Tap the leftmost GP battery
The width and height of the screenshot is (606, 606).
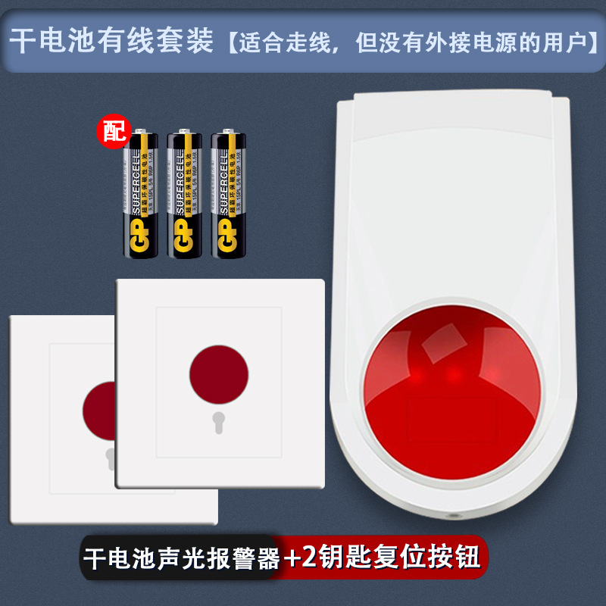142,193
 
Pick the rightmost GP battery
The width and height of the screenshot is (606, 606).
229,193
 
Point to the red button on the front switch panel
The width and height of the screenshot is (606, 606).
218,375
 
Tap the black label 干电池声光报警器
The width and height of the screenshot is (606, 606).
182,560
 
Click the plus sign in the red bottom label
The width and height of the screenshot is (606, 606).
292,561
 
